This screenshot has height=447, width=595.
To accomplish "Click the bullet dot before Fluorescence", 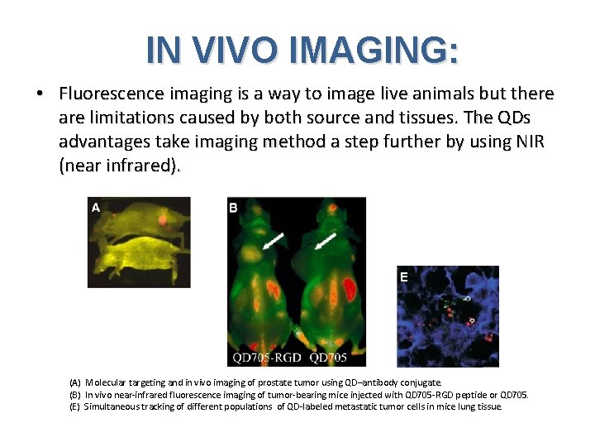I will coord(40,94).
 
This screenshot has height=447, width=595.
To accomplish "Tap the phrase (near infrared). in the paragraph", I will coord(119,166).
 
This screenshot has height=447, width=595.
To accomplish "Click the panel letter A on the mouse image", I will coord(96,208).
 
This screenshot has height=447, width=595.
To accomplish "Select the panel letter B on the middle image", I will coord(234,208).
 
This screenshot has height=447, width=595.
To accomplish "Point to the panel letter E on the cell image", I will coord(404,277).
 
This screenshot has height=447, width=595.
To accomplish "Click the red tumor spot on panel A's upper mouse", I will coord(163,220).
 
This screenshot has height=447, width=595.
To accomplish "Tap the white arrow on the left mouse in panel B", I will coord(274,240).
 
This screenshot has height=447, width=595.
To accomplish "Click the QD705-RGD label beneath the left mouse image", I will coord(267,358).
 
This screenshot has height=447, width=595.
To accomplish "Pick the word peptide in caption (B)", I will coord(463,395).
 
